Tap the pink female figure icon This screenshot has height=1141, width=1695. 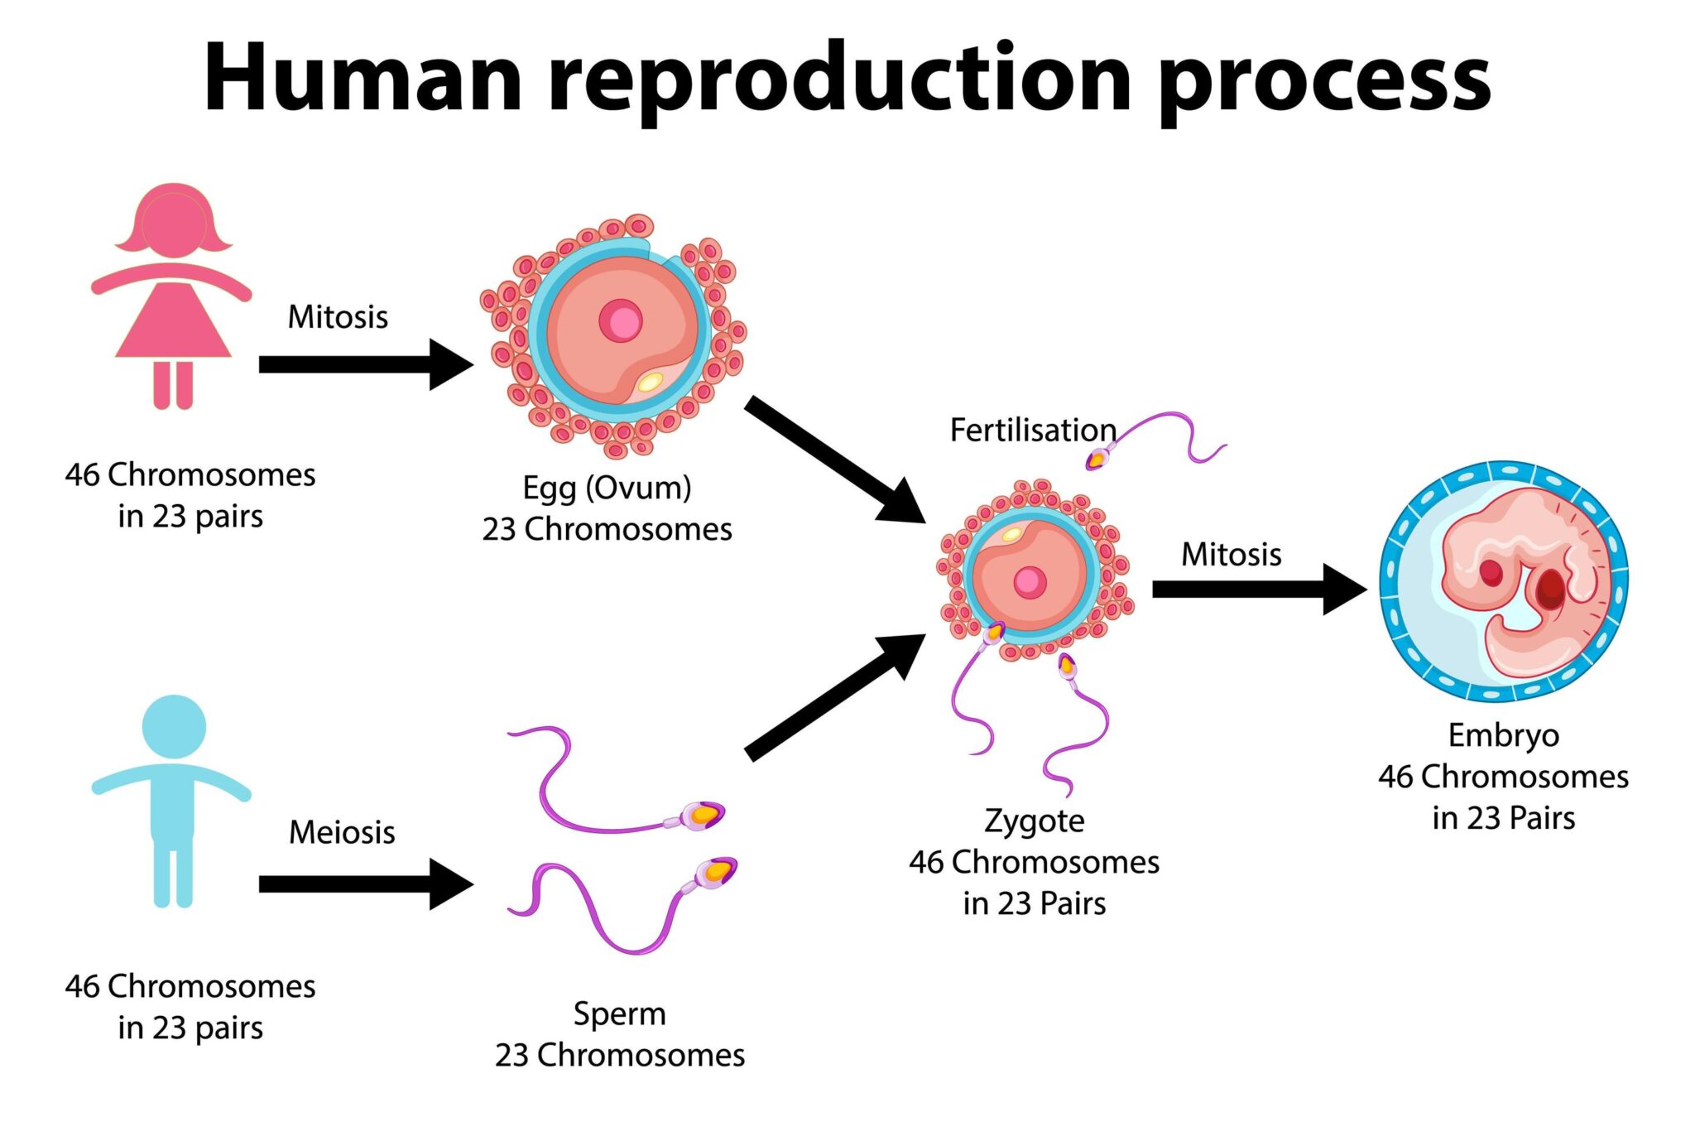pos(172,298)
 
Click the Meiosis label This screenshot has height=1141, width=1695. pos(341,832)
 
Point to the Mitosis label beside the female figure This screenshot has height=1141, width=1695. pos(338,317)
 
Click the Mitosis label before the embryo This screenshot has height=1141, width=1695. pos(1231,555)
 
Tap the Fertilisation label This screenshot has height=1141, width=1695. pos(1032,431)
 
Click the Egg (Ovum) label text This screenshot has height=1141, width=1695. pos(607,488)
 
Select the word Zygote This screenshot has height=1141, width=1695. pos(1034,821)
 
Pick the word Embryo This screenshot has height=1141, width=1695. pos(1503,735)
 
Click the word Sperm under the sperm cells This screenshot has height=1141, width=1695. pos(619,1014)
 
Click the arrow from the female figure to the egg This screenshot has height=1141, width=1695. pos(364,364)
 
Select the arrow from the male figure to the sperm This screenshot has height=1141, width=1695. pos(364,884)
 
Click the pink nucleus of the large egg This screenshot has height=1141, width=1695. pos(620,321)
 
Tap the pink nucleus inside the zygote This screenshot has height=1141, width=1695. pos(1030,582)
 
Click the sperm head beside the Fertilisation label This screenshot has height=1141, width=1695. pos(1097,458)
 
